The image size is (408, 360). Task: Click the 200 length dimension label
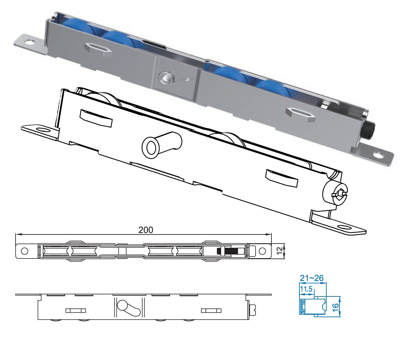pos(146,230)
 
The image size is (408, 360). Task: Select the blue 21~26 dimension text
pos(311,278)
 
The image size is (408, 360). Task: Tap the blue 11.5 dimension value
pos(306,289)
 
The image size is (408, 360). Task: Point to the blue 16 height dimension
pos(336,306)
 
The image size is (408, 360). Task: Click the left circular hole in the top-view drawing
pos(24,251)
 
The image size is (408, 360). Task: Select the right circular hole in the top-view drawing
pos(262,251)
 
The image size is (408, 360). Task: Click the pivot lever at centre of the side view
pos(128,308)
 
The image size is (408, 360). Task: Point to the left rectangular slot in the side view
pos(76,310)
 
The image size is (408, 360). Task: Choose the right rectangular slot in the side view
pos(211,310)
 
